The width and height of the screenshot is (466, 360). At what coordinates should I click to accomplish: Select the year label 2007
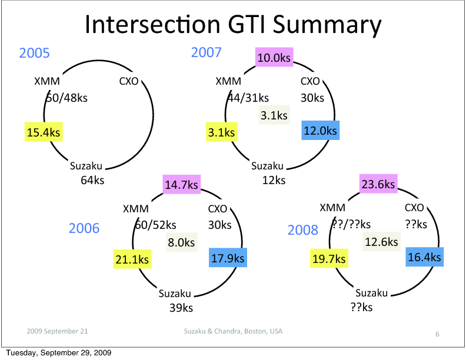point(206,52)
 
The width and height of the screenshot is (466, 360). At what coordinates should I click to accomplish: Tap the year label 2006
point(84,228)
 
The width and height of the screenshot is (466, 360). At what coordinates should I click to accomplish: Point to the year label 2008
point(302,230)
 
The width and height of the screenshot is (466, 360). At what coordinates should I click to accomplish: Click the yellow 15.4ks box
point(44,132)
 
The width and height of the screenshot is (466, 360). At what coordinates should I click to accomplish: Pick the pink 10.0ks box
point(275,58)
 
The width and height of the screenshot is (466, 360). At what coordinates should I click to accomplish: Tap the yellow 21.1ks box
point(133,259)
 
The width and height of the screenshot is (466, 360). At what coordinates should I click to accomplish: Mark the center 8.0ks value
point(181,242)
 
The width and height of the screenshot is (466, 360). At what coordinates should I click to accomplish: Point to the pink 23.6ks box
point(378,185)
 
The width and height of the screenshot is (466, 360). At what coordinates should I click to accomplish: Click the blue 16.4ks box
point(424,257)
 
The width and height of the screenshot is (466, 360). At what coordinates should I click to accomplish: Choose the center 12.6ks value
point(381,242)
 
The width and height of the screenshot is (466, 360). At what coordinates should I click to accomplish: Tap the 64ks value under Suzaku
point(92,180)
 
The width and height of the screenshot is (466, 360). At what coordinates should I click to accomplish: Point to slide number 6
point(437,334)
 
